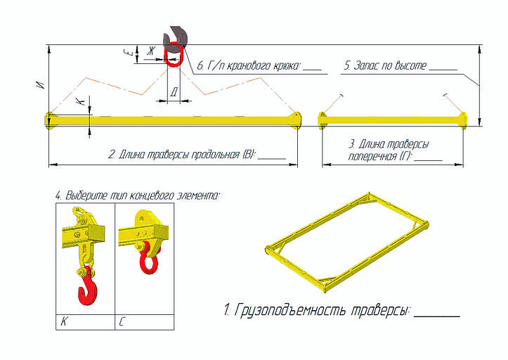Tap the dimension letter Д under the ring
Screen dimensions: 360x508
coord(174,91)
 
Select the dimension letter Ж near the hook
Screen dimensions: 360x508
coord(150,51)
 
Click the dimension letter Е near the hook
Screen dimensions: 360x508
coord(126,53)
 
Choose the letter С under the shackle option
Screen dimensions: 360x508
coord(122,323)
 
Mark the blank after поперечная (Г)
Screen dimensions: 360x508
coord(428,160)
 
